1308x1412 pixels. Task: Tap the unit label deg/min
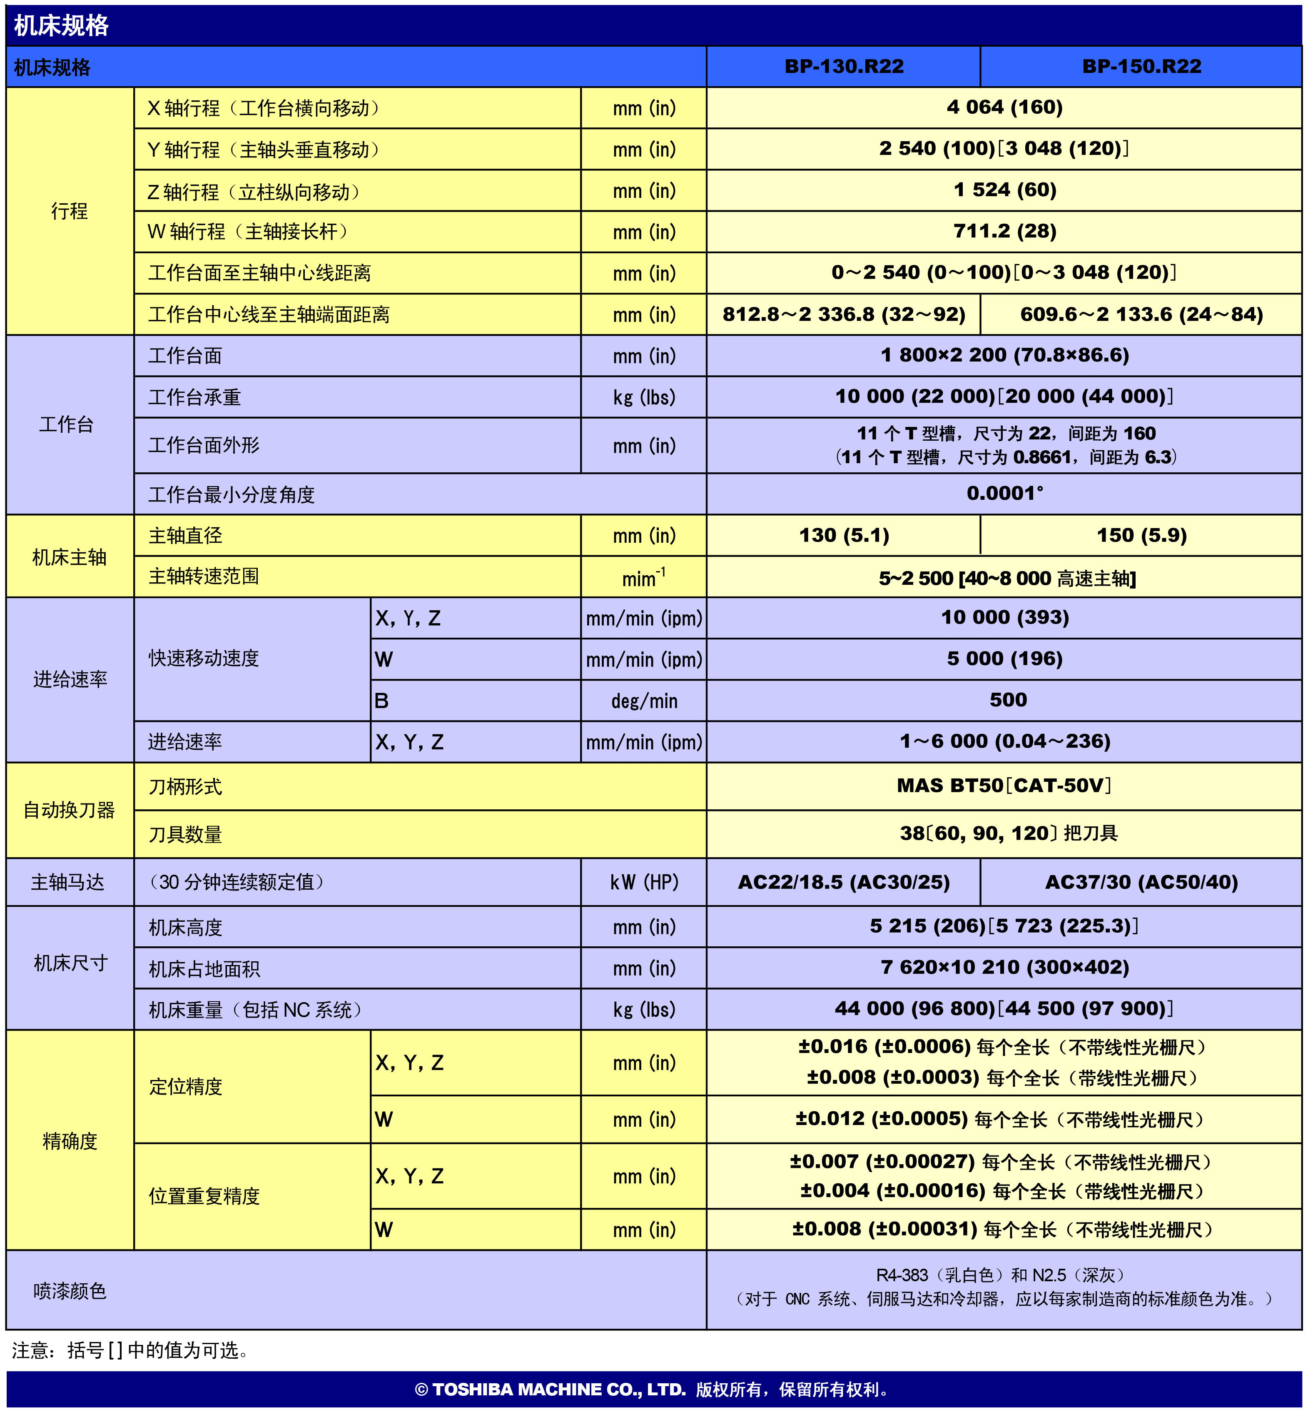coord(644,701)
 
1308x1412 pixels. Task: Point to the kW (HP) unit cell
coord(644,882)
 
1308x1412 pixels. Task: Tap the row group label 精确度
coord(70,1141)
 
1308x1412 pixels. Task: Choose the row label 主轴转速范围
coord(204,576)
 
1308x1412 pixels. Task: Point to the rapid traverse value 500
coord(1008,700)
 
